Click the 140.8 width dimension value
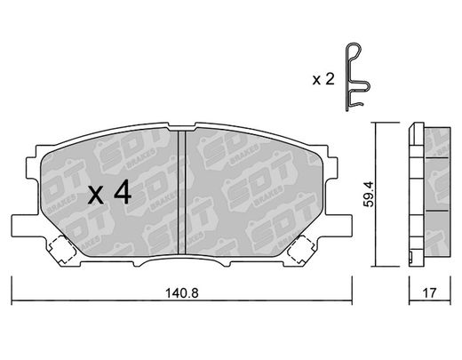click(x=182, y=293)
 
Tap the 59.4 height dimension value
click(x=370, y=194)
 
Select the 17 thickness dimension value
click(x=429, y=293)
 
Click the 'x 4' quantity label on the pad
click(x=109, y=193)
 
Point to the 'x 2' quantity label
click(x=323, y=79)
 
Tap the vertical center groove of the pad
click(x=181, y=193)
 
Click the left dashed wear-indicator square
click(x=62, y=250)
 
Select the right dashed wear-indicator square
click(x=301, y=250)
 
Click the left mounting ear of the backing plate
click(x=25, y=226)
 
